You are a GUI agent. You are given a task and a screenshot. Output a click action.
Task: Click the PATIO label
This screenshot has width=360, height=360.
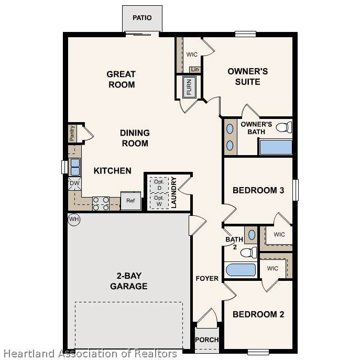[142, 18]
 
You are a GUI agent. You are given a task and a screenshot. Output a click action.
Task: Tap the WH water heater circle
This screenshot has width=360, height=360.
[74, 219]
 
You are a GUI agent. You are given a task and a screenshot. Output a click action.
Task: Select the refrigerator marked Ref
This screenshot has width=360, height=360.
[130, 201]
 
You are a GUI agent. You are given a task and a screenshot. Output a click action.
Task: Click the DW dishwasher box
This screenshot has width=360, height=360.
[74, 183]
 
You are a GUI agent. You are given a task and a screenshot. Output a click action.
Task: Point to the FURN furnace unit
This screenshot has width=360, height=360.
[189, 87]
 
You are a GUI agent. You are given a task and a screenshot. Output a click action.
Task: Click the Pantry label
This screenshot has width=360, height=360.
[72, 133]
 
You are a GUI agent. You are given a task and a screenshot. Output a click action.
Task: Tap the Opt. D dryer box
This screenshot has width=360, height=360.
[159, 185]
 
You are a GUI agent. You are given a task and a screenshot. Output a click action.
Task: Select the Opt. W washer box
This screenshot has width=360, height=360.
[159, 201]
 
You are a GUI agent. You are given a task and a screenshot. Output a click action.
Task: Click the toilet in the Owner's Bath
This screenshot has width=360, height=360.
[284, 127]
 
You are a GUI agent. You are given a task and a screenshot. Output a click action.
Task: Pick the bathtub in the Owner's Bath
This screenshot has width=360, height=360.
[276, 147]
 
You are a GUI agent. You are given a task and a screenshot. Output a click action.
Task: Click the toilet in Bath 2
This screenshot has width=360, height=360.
[249, 253]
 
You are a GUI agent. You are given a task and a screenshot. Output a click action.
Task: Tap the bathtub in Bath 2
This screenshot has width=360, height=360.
[241, 270]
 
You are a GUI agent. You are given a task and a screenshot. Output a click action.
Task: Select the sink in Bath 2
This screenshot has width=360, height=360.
[252, 235]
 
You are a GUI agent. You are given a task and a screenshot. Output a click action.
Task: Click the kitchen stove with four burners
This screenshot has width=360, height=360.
[101, 204]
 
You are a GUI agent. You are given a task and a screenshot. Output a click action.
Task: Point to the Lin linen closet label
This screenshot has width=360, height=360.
[195, 69]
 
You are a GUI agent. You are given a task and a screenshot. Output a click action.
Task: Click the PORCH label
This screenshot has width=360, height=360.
[207, 340]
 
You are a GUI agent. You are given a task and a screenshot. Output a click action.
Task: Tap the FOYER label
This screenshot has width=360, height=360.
[207, 278]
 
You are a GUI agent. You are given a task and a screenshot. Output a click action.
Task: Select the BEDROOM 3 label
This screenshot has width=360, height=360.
[258, 190]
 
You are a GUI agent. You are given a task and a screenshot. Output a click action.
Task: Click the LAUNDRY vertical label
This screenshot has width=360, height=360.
[174, 192]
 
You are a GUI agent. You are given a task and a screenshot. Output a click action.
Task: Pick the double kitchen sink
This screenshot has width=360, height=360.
[75, 167]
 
